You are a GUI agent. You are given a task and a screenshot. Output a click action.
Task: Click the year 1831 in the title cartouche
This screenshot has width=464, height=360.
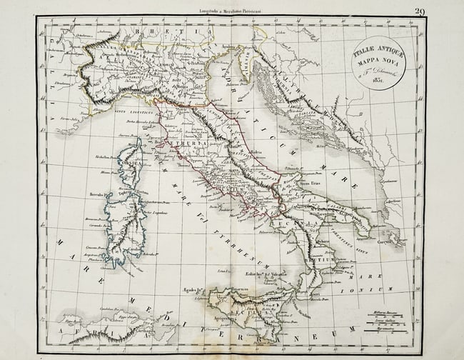click(375, 80)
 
